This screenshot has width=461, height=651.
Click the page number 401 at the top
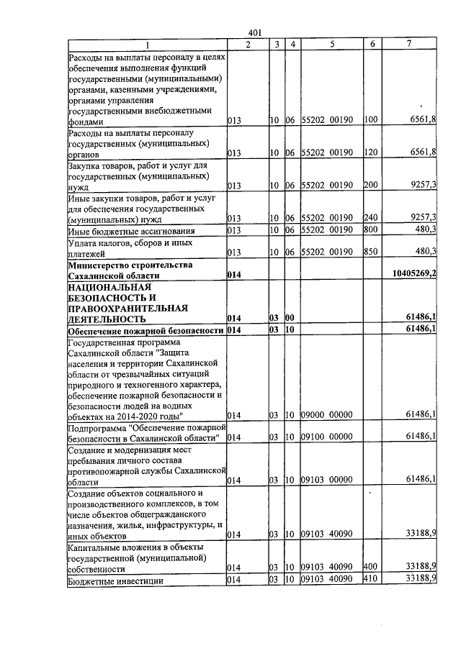(254, 32)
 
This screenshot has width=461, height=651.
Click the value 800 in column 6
(370, 230)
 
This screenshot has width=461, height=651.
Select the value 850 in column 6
(370, 251)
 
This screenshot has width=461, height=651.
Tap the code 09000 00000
(326, 415)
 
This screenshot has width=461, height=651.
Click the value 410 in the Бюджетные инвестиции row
(370, 580)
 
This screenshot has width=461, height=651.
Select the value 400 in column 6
(370, 568)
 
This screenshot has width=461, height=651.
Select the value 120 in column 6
(370, 152)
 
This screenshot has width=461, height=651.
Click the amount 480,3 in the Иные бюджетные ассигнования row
(424, 230)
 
